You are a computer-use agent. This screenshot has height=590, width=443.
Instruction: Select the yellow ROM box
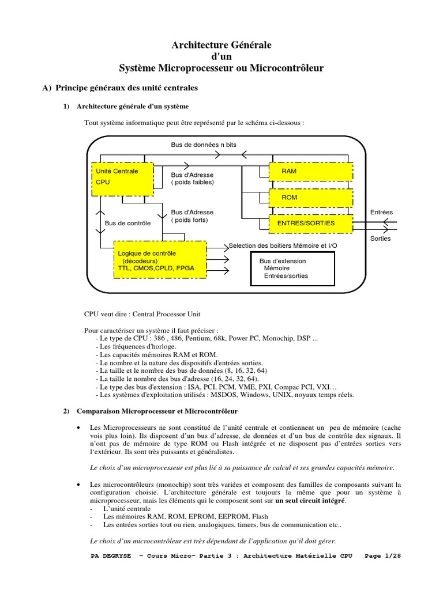(x=310, y=197)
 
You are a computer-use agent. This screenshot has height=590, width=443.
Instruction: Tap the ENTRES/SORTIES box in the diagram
(x=310, y=223)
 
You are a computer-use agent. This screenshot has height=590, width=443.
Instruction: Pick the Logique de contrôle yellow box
(x=160, y=260)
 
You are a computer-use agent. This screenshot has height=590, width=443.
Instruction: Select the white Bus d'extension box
(x=291, y=268)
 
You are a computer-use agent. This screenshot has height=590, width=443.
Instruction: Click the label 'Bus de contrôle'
(x=127, y=223)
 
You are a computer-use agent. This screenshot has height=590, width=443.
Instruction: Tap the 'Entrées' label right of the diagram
(x=381, y=212)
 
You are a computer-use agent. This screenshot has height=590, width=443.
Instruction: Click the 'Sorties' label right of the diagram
(x=380, y=238)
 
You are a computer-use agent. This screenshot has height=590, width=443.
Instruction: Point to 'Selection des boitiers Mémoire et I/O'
(x=282, y=245)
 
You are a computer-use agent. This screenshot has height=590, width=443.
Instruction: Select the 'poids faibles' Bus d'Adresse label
(x=192, y=178)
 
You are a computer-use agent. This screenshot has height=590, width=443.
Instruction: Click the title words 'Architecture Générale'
(x=221, y=44)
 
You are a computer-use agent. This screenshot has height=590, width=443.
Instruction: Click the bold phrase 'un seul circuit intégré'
(x=311, y=501)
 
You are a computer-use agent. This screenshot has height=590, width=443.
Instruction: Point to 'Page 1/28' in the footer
(x=383, y=556)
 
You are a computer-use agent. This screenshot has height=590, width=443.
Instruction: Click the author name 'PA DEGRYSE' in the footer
(x=111, y=556)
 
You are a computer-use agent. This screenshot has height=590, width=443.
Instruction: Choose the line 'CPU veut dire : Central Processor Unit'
(x=142, y=314)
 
